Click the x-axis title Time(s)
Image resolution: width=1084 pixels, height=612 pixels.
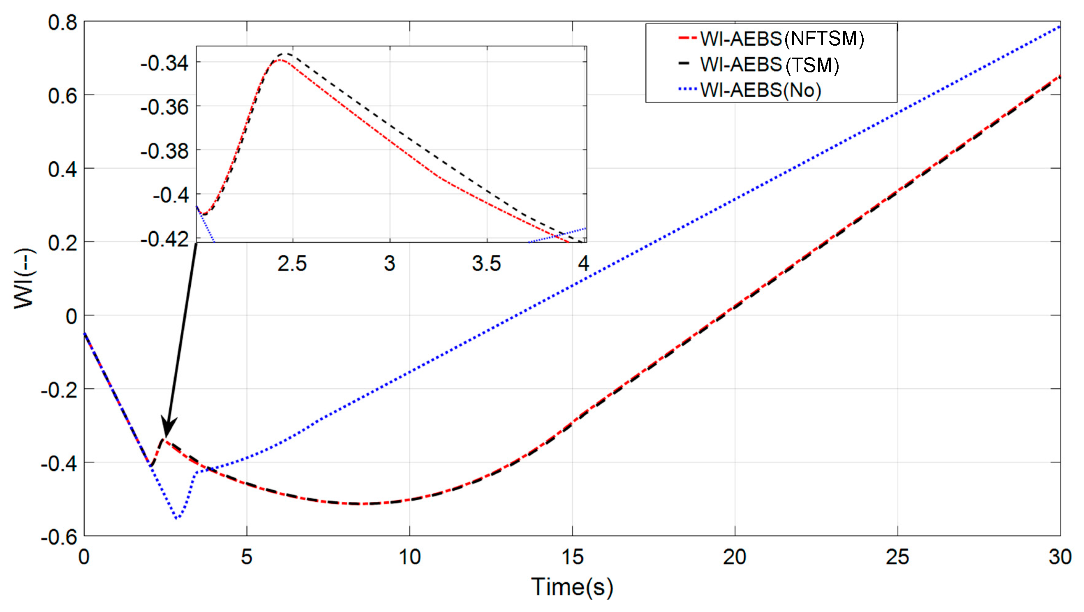click(x=572, y=587)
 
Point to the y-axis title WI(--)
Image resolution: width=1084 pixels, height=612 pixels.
click(x=24, y=278)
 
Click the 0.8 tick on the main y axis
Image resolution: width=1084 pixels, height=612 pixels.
click(x=63, y=22)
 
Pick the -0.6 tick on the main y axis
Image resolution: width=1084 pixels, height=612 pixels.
click(x=59, y=537)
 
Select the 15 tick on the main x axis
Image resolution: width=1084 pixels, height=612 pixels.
click(x=572, y=557)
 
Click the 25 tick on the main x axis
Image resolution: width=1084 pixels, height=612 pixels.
click(x=898, y=557)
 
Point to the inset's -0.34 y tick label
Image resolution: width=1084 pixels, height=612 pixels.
click(x=164, y=64)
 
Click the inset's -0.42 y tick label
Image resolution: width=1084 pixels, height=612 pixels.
click(x=164, y=240)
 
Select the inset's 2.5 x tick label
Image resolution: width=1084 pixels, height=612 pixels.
click(x=292, y=264)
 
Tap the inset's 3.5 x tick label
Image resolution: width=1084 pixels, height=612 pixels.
click(x=487, y=264)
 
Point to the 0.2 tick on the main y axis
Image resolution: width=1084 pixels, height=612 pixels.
click(x=63, y=243)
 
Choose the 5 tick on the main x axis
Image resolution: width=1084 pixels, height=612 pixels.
click(x=247, y=557)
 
